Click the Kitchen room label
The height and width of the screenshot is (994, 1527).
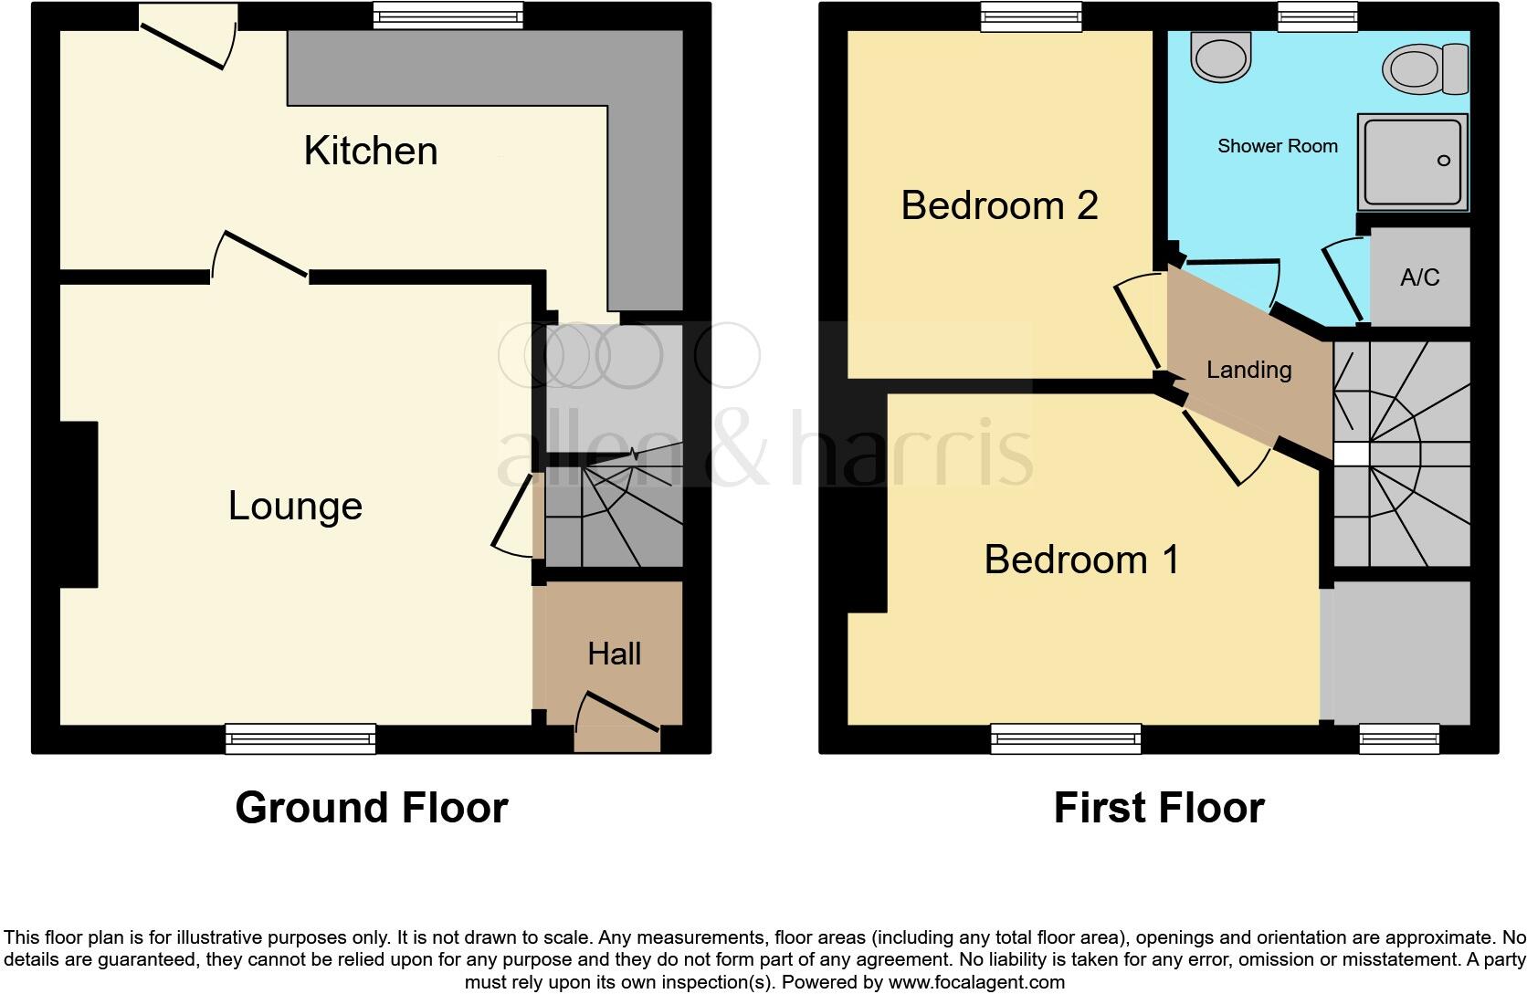tap(370, 151)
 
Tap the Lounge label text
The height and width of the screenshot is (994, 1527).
tap(294, 506)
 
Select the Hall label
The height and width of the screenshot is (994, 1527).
tap(614, 654)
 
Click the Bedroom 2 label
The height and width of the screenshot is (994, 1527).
tap(998, 205)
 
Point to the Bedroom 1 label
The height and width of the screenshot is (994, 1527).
tap(1081, 559)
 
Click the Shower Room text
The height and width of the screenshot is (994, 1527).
tap(1277, 146)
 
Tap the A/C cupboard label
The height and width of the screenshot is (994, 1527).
tap(1419, 277)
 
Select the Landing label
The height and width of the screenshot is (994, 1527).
tap(1248, 370)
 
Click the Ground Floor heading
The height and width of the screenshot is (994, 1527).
tap(371, 808)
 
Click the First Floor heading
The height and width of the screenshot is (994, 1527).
tap(1158, 808)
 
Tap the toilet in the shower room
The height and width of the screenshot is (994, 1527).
tap(1425, 69)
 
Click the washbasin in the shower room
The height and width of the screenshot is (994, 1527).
tap(1220, 56)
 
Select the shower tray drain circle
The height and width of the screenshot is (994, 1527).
tap(1444, 161)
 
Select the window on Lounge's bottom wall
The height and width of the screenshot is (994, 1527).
tap(300, 738)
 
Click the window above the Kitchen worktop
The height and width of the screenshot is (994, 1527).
tap(448, 15)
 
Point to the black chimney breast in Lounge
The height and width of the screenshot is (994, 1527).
tap(79, 504)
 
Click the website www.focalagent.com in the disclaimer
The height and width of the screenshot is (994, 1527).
tap(976, 983)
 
